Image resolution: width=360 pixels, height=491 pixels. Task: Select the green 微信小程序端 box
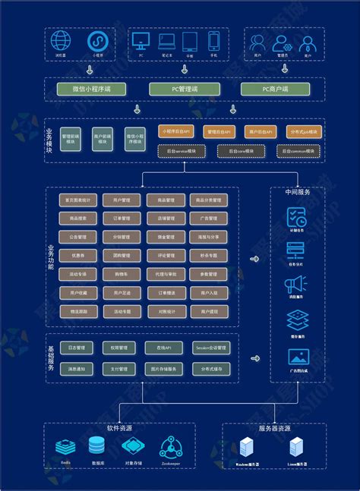(90, 90)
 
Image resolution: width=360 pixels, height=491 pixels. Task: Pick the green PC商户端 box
(274, 90)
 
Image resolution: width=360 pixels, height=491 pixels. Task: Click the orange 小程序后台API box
(175, 131)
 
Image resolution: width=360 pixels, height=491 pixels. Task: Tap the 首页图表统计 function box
(78, 200)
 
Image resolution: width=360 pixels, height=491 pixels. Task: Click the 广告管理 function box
(210, 219)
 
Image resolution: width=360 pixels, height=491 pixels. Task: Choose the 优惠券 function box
(78, 256)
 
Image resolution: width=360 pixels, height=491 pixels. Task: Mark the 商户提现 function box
(210, 311)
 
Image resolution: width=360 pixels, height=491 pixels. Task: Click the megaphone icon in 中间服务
(296, 285)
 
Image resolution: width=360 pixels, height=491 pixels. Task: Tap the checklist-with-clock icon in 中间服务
(296, 217)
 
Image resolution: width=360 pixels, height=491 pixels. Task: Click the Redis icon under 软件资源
(66, 445)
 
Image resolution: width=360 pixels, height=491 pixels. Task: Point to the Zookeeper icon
(170, 445)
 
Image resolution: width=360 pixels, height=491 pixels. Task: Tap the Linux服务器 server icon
(298, 449)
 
